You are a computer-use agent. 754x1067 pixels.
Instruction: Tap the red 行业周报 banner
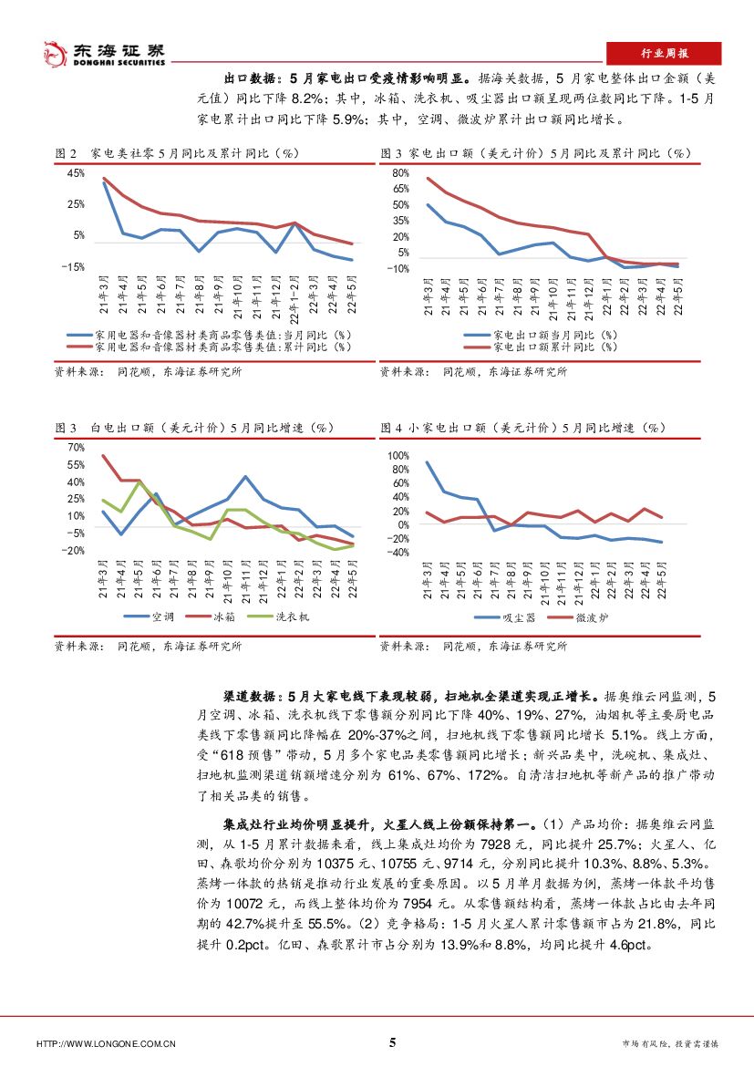(663, 53)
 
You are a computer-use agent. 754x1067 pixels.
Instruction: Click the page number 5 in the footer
(392, 1042)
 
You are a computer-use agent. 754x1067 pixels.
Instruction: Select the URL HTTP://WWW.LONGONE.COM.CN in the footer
(106, 1043)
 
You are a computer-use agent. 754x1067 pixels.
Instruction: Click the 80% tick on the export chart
(400, 172)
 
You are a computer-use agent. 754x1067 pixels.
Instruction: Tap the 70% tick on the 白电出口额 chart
(77, 448)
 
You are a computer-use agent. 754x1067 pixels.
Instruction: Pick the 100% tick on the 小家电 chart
(399, 455)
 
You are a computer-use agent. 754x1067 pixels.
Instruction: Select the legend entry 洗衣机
(292, 617)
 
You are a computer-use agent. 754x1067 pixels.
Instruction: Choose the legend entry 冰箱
(224, 617)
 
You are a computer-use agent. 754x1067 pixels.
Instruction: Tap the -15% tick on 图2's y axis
(73, 267)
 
